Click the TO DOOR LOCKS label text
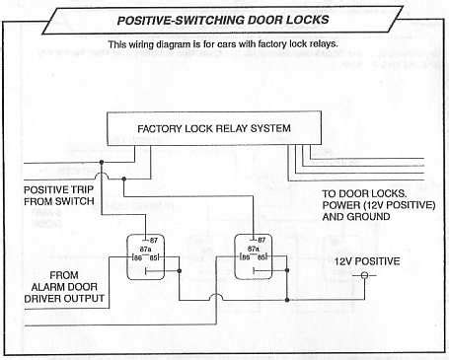click(361, 193)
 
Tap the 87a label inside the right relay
click(253, 249)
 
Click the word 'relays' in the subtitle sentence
click(318, 44)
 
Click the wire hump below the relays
click(215, 296)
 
